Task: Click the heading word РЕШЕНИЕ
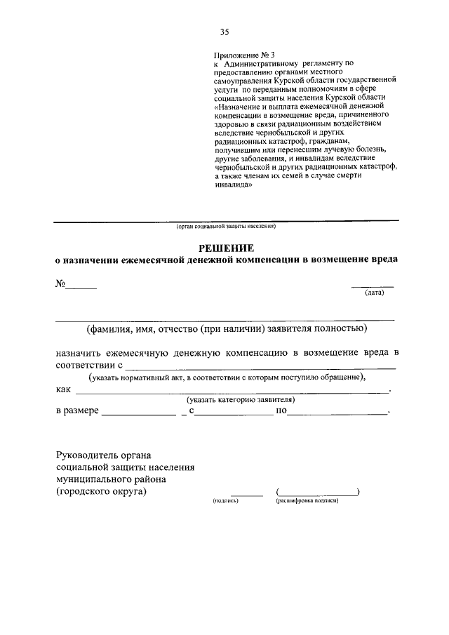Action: tap(225, 248)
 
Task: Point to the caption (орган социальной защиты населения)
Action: tap(225, 227)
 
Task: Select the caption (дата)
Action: tap(374, 293)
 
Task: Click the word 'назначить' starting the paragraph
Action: tap(82, 352)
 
